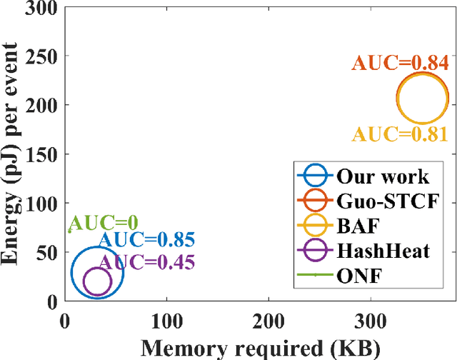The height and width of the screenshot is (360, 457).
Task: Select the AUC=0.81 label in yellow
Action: click(399, 134)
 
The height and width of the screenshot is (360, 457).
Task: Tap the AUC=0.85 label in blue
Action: click(146, 241)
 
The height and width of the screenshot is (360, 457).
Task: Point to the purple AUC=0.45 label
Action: click(146, 263)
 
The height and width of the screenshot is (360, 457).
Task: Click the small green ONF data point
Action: click(69, 231)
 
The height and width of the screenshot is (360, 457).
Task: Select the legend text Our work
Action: click(382, 176)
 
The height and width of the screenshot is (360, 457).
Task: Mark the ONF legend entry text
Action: click(356, 274)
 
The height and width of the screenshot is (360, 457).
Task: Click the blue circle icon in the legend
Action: click(314, 176)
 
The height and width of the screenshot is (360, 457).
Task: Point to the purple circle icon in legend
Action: click(314, 250)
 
